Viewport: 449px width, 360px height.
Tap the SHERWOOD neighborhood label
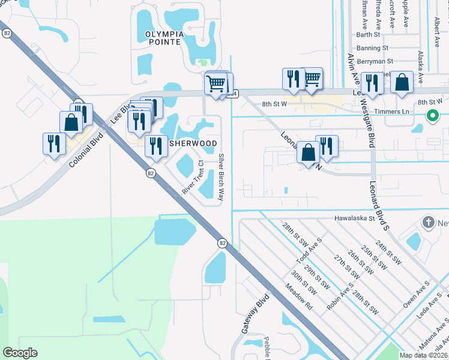[x=193, y=143]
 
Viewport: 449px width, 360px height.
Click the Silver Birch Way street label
[x=221, y=177]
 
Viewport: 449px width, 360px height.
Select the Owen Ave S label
[x=417, y=294]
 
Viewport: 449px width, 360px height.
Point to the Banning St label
[x=372, y=48]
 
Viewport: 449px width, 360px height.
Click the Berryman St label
[x=374, y=61]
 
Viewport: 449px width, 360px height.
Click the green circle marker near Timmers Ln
[x=431, y=116]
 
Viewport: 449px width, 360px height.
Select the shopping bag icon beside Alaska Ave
[x=402, y=82]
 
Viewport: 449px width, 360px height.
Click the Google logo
[x=20, y=353]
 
